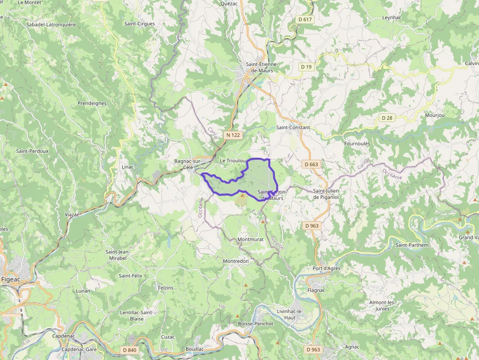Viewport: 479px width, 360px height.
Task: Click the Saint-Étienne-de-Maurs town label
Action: point(261,67)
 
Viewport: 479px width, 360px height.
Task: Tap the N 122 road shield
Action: point(233,134)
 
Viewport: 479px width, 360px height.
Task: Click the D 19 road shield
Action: point(306,66)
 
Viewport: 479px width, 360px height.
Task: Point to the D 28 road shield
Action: point(387,118)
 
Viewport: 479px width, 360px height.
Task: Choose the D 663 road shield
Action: point(311,164)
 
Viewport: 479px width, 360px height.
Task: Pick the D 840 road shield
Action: point(130,350)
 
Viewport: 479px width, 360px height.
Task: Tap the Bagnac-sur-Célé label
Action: point(188,164)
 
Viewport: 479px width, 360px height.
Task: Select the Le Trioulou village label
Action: point(233,161)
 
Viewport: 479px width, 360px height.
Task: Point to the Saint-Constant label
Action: point(293,127)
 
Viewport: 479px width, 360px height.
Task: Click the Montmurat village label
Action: point(250,240)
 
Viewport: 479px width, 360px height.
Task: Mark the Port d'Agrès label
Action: point(326,269)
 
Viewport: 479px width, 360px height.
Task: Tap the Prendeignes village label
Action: point(92,104)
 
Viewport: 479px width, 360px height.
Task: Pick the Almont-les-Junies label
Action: point(385,305)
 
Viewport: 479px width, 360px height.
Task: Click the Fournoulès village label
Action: point(357,144)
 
